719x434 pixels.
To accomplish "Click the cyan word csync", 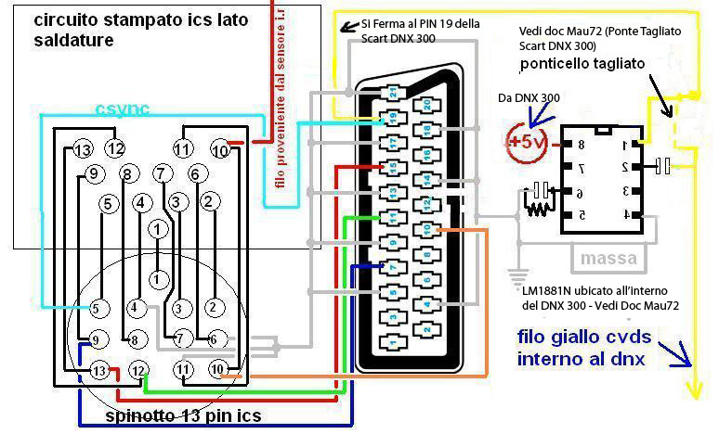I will click(x=124, y=109).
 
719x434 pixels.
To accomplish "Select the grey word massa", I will click(x=608, y=256).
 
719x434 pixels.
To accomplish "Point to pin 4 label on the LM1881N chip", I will click(x=626, y=215).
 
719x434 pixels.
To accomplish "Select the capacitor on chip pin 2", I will click(x=663, y=166).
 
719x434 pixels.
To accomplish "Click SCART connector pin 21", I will click(x=392, y=93).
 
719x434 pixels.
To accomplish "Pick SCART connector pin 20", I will click(x=425, y=105).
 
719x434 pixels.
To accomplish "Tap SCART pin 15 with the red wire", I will click(x=392, y=167).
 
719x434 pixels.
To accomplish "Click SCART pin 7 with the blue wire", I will click(x=392, y=268).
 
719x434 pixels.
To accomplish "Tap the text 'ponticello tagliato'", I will click(x=586, y=65).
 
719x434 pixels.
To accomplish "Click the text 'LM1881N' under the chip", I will click(x=548, y=290).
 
